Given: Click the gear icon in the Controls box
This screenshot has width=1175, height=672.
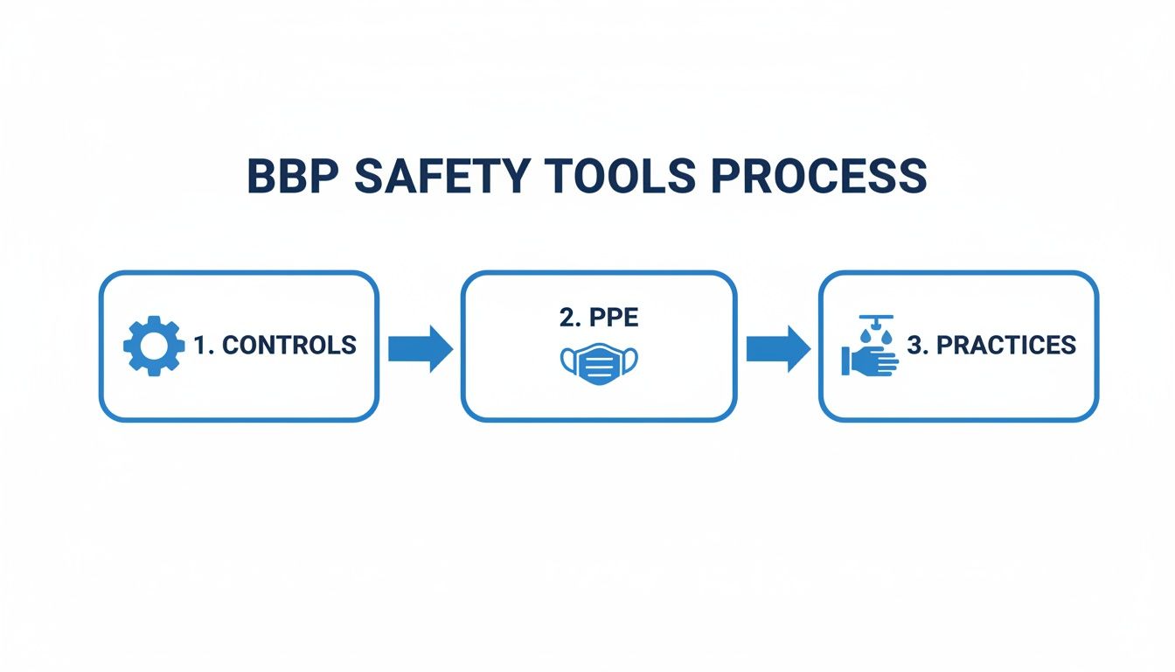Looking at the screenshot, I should point(154,346).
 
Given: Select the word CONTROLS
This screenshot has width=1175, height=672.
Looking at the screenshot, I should point(289,346).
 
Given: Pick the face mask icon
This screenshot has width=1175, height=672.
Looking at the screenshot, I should point(598,361).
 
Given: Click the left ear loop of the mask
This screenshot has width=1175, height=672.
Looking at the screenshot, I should point(566,360).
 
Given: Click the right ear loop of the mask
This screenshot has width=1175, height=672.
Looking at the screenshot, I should point(631,360).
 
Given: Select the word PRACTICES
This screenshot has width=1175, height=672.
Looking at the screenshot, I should point(1005,346).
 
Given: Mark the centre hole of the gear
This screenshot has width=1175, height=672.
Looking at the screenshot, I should point(154,346).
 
